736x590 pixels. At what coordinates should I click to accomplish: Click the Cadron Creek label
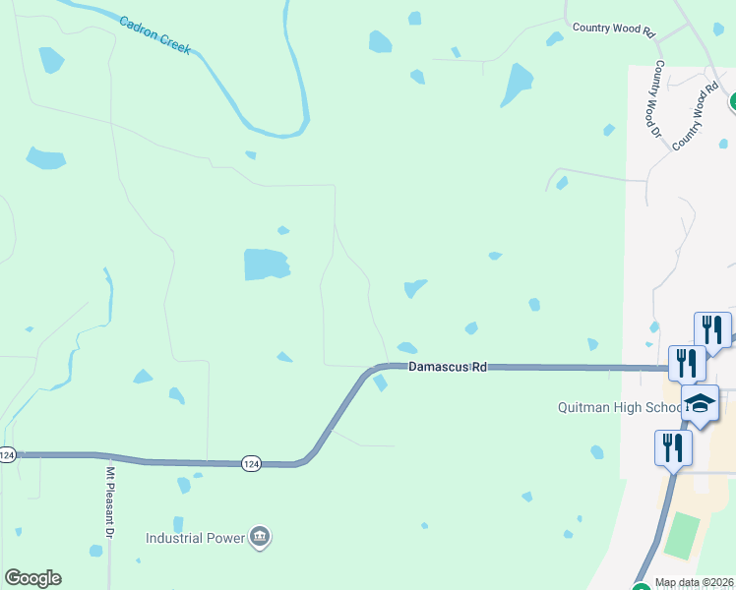tap(154, 34)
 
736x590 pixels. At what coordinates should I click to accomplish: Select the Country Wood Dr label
tap(653, 98)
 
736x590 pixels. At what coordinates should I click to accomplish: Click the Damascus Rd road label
tap(448, 367)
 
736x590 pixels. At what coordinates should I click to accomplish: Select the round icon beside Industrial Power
tap(261, 536)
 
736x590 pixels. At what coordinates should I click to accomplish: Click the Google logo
tap(32, 578)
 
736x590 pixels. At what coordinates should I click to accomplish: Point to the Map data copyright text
tap(695, 582)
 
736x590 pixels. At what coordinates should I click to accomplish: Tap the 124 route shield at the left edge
tap(8, 454)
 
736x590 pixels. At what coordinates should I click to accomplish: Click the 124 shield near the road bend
tap(251, 462)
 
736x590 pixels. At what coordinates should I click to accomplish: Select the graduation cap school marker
tap(700, 402)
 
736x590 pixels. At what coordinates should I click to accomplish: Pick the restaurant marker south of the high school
tap(673, 447)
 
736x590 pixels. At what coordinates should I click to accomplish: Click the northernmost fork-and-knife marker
tap(712, 329)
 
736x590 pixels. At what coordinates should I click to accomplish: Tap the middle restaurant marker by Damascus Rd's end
tap(687, 362)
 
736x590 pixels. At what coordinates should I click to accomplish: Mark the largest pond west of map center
tap(266, 264)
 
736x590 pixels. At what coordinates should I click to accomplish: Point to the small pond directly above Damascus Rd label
tap(407, 347)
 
